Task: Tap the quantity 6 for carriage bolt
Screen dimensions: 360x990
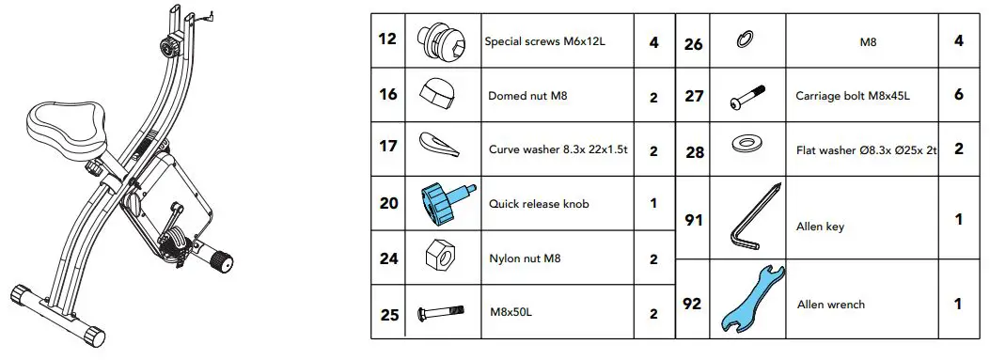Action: [958, 95]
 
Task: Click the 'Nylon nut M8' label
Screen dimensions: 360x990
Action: [526, 257]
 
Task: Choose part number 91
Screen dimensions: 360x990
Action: [694, 221]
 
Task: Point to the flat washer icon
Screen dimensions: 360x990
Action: [749, 146]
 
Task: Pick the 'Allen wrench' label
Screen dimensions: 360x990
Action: [830, 305]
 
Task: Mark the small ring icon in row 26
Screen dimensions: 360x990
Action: [744, 39]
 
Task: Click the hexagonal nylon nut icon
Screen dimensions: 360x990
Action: [436, 254]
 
